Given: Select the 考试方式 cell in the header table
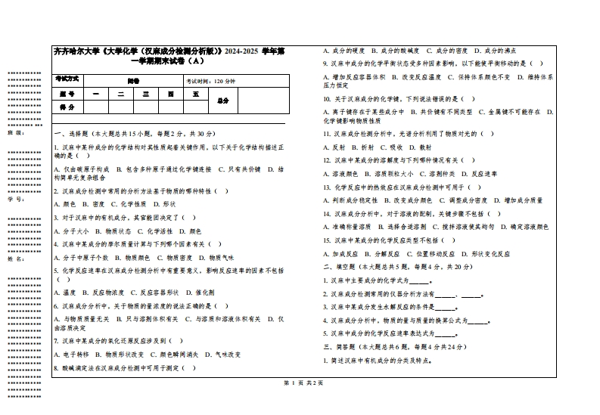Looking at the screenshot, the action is coord(67,79).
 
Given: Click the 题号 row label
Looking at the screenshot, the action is coord(67,94).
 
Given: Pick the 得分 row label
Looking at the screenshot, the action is coord(67,107).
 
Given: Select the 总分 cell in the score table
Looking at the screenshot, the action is coord(223,101).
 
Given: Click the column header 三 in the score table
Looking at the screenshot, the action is coord(145,94).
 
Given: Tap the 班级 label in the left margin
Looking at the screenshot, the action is coord(14,132).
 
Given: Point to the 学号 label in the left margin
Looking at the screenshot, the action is coord(14,200).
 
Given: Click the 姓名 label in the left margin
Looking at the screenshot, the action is coord(14,259).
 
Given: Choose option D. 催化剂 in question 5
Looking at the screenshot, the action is coord(199,292).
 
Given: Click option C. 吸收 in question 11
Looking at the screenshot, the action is coord(392,147).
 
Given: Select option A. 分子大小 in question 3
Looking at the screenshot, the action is coord(72,231).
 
